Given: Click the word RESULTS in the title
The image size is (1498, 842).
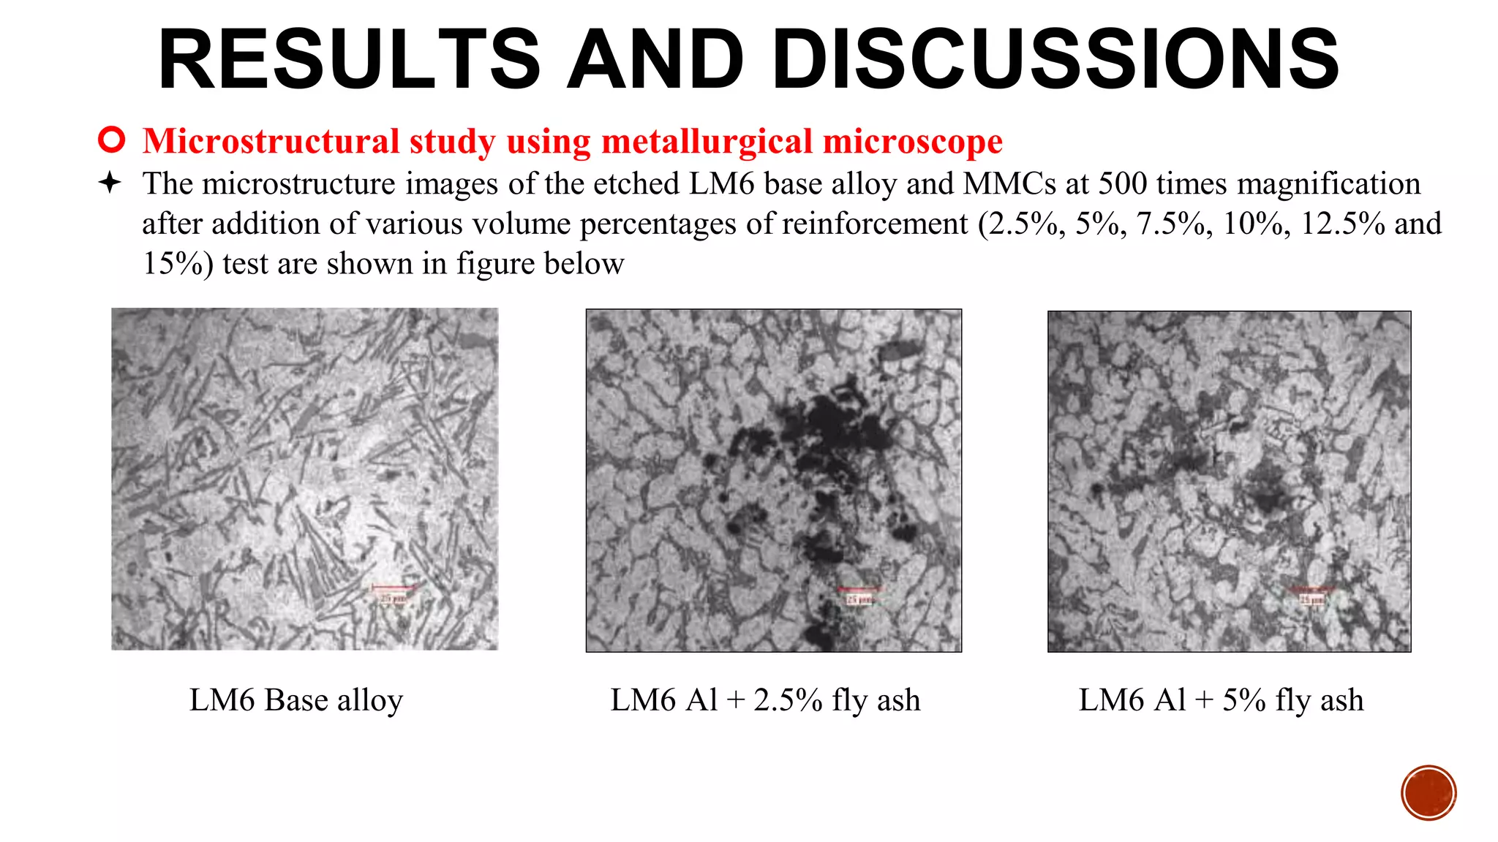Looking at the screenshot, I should (x=350, y=60).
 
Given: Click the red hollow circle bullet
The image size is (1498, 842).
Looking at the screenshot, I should (x=111, y=140).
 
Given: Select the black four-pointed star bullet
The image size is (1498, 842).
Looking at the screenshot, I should (x=110, y=183).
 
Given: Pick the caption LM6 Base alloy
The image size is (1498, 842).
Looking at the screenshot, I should (x=296, y=700).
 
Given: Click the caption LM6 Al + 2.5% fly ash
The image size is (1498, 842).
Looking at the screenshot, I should (x=765, y=700).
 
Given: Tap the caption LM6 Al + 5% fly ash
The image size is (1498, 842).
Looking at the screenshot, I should (x=1221, y=700).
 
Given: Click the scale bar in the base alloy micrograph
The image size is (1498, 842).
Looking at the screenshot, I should (x=394, y=587).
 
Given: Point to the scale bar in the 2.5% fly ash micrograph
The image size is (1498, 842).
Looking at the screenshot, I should (x=859, y=589).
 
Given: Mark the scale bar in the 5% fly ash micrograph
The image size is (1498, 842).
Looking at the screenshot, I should (x=1311, y=589).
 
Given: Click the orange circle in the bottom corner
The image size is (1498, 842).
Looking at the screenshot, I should (x=1429, y=793).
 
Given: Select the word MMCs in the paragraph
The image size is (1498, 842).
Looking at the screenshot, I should (x=1009, y=183).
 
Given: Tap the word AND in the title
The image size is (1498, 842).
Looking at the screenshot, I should (x=656, y=60).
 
